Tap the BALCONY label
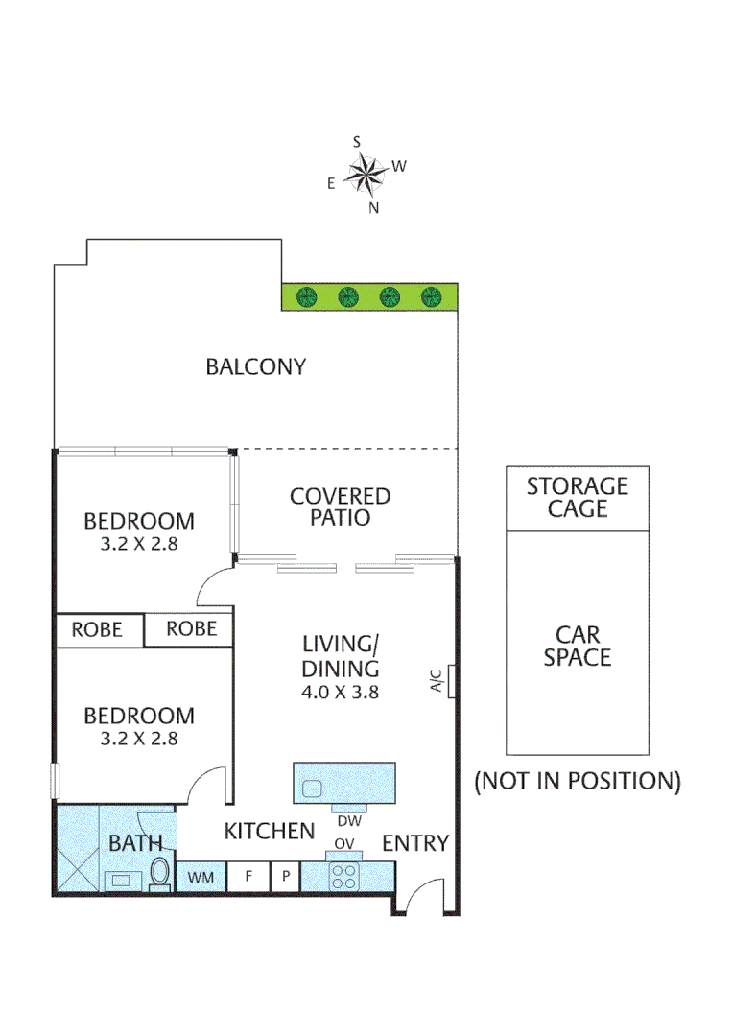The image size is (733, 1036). point(255,366)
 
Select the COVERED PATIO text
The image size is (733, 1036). point(340,506)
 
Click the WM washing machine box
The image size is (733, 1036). point(201,877)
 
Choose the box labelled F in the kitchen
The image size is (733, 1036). point(247,877)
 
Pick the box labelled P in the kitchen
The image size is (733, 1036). point(285,877)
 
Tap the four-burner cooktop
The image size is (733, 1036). point(343,876)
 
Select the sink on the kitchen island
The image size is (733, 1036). point(313,789)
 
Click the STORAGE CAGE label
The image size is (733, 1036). point(577,497)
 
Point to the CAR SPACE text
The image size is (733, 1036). point(577,646)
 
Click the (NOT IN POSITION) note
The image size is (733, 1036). point(577,781)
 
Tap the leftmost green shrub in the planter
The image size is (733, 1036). point(307,296)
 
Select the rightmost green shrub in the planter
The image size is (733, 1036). point(432,296)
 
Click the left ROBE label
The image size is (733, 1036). point(97,629)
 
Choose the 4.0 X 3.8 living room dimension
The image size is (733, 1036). point(341,690)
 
